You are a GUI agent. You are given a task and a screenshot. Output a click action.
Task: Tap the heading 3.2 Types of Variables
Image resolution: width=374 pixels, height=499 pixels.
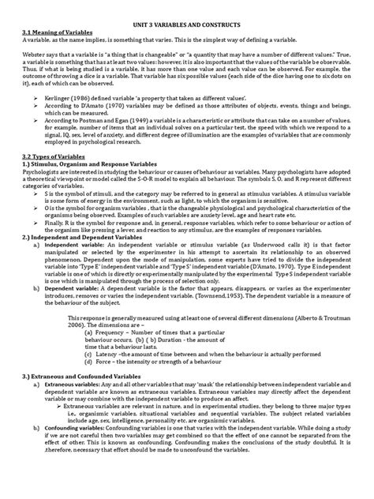(x=49, y=156)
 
